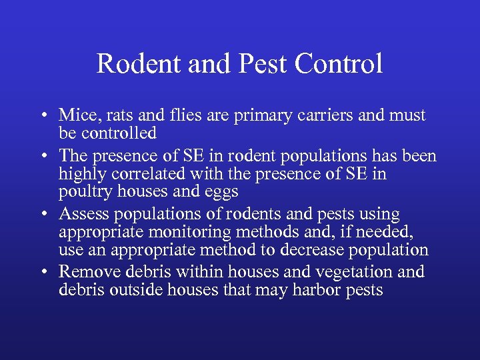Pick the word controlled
coord(118,133)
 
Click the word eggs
coord(223,192)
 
